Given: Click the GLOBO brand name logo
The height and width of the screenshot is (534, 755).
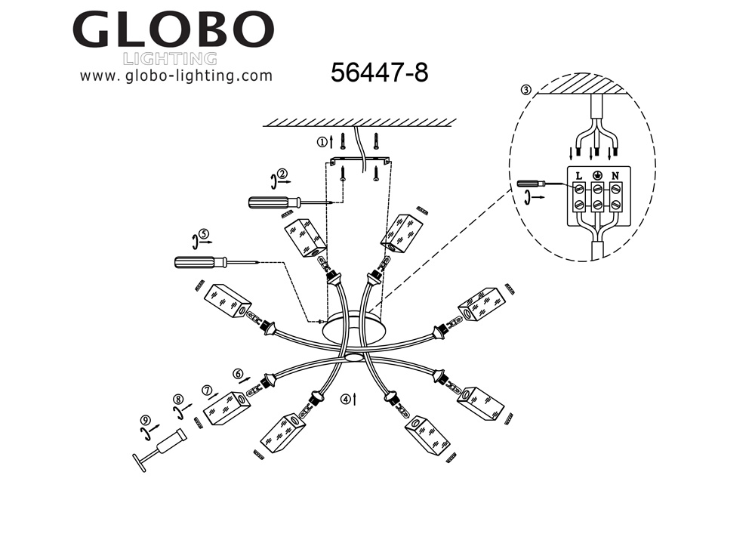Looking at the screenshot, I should point(173,29).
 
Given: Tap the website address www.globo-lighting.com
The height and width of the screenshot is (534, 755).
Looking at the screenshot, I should point(176,76).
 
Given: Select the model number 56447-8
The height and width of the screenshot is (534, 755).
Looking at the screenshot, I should point(380,73).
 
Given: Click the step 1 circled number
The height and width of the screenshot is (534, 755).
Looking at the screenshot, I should point(322,141).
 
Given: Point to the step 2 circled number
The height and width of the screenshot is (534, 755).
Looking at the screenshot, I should point(282,174).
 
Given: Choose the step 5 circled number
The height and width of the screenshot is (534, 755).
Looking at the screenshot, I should point(203,234).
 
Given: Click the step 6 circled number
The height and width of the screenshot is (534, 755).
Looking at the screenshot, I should point(239,373).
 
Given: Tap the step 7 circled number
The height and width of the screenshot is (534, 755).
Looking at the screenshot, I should point(207,390).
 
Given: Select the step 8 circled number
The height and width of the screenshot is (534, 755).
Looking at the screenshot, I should point(177,400).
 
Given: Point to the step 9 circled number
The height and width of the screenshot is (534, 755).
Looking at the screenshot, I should point(143,421).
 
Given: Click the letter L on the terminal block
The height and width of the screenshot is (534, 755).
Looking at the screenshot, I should point(578,176).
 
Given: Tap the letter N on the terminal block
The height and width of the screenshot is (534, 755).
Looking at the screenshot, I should point(615,176).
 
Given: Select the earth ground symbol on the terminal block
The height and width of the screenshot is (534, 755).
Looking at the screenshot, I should point(597,176).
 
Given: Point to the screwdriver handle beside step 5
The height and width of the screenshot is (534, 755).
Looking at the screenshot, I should point(196,263).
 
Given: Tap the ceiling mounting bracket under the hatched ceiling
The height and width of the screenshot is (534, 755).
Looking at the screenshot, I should point(359,160).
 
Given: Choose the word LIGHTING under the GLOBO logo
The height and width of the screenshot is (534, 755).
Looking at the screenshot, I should point(170,59).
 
